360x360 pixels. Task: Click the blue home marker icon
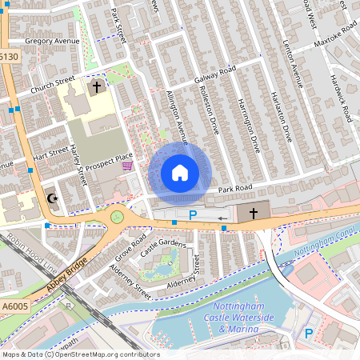pyautogui.click(x=180, y=173)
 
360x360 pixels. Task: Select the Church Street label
pyautogui.click(x=53, y=86)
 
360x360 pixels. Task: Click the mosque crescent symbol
pyautogui.click(x=53, y=198)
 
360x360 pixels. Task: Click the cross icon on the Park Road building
pyautogui.click(x=253, y=213)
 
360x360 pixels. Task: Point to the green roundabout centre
pyautogui.click(x=118, y=216)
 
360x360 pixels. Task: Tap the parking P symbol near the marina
pyautogui.click(x=309, y=332)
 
